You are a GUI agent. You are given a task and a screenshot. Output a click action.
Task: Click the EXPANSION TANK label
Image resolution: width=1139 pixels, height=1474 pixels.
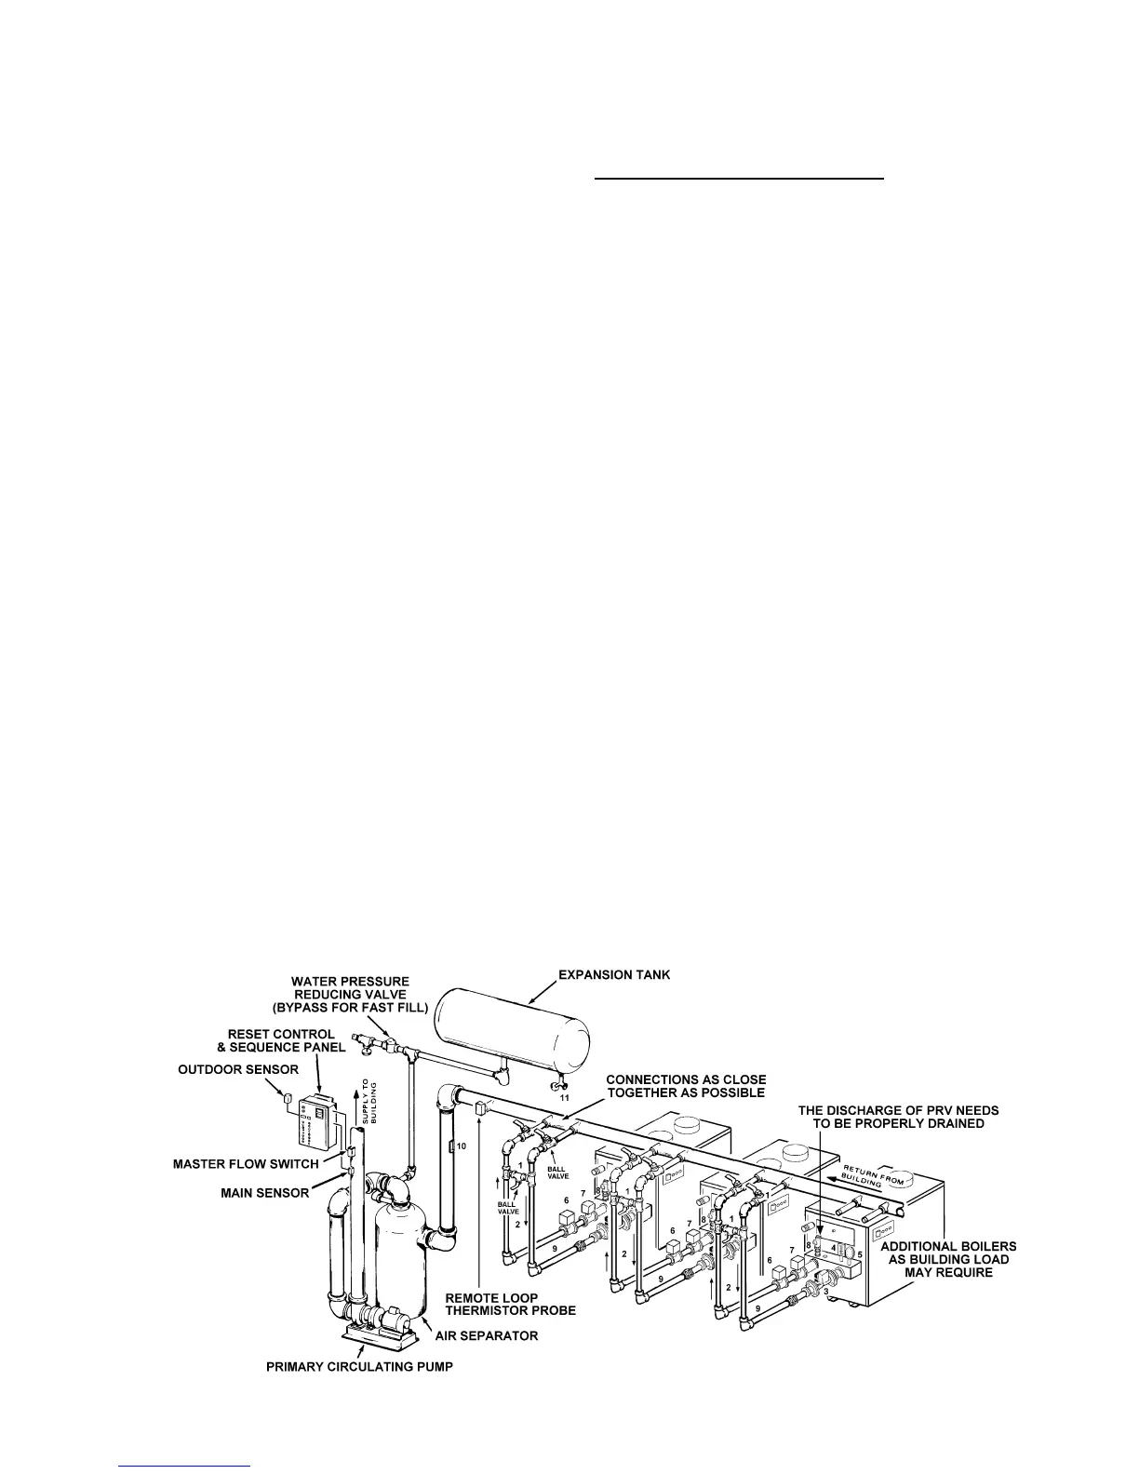613,975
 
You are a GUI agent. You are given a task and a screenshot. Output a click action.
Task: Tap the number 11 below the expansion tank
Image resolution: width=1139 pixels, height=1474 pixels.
565,1098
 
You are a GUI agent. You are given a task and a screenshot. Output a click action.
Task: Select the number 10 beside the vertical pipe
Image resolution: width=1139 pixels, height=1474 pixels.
461,1145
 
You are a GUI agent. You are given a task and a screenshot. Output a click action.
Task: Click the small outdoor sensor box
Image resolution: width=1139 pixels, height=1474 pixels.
288,1099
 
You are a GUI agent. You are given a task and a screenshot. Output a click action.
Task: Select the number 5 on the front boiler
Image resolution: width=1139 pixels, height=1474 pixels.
861,1254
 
